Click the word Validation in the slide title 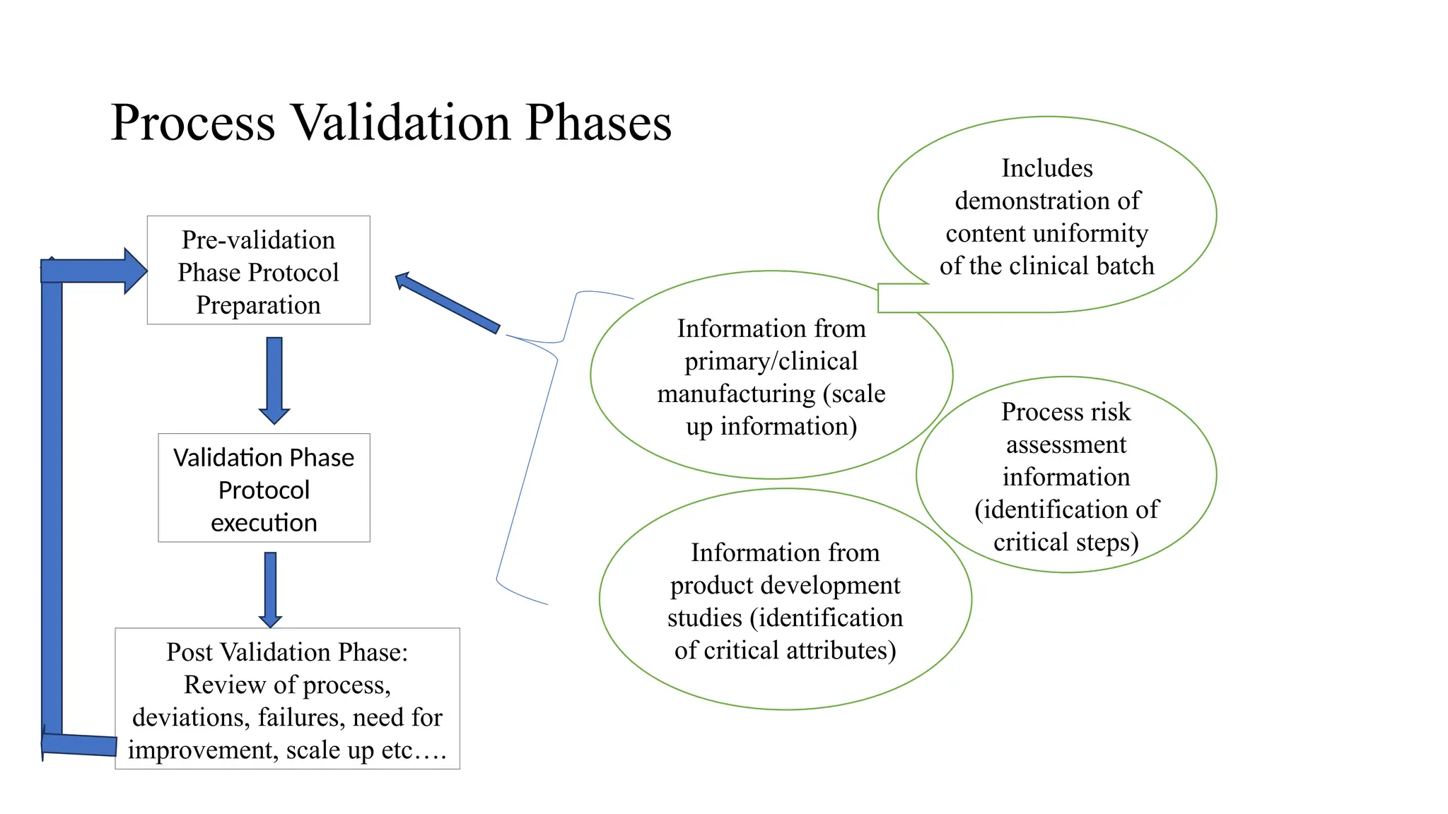pyautogui.click(x=402, y=123)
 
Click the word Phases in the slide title pyautogui.click(x=598, y=123)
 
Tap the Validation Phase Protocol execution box pyautogui.click(x=264, y=488)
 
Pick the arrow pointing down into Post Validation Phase pyautogui.click(x=270, y=589)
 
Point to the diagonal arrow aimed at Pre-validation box pyautogui.click(x=448, y=304)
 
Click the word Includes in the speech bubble pyautogui.click(x=1047, y=168)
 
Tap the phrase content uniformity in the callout pyautogui.click(x=1046, y=233)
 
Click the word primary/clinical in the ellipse pyautogui.click(x=771, y=361)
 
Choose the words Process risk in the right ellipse pyautogui.click(x=1065, y=412)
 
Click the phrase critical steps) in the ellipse pyautogui.click(x=1065, y=542)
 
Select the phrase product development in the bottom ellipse pyautogui.click(x=785, y=585)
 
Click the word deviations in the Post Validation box pyautogui.click(x=190, y=717)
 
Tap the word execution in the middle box pyautogui.click(x=264, y=523)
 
